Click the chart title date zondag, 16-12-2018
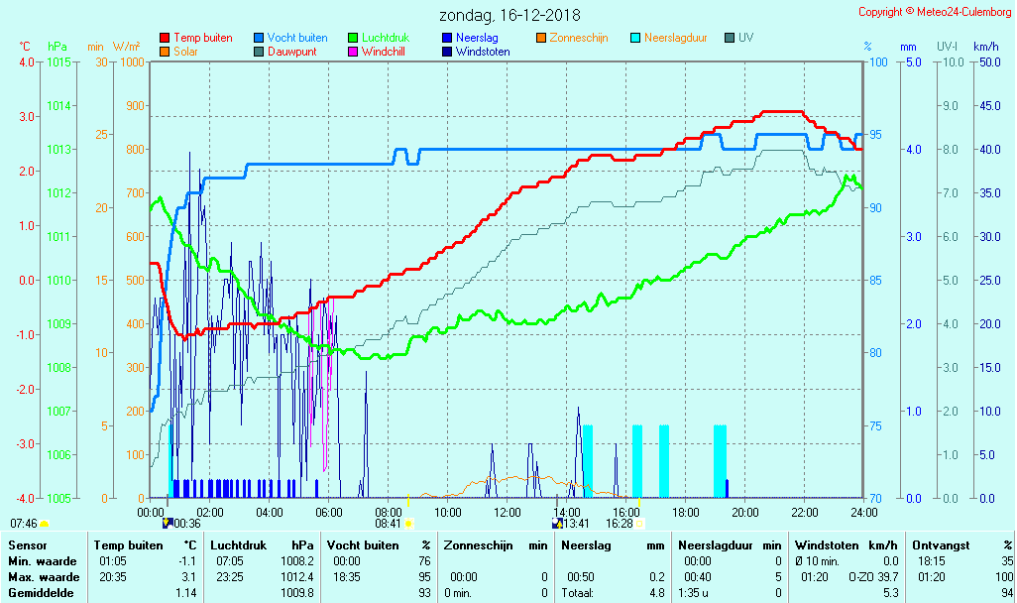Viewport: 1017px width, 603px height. [x=509, y=15]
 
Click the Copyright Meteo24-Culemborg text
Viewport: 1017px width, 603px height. [x=936, y=12]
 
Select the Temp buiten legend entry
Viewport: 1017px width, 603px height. [x=202, y=38]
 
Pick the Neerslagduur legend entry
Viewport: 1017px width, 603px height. [x=675, y=38]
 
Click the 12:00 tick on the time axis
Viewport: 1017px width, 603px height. [x=508, y=512]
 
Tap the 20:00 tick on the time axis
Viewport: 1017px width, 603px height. [x=745, y=512]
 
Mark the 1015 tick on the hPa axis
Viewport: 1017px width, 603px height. [x=58, y=61]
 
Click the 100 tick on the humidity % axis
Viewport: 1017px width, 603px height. [x=877, y=61]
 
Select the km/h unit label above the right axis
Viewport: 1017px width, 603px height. [x=985, y=47]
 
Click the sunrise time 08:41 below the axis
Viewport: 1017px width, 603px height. [x=388, y=523]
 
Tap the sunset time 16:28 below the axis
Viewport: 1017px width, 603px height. [x=620, y=523]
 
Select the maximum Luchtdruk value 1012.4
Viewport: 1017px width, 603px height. [x=297, y=577]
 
